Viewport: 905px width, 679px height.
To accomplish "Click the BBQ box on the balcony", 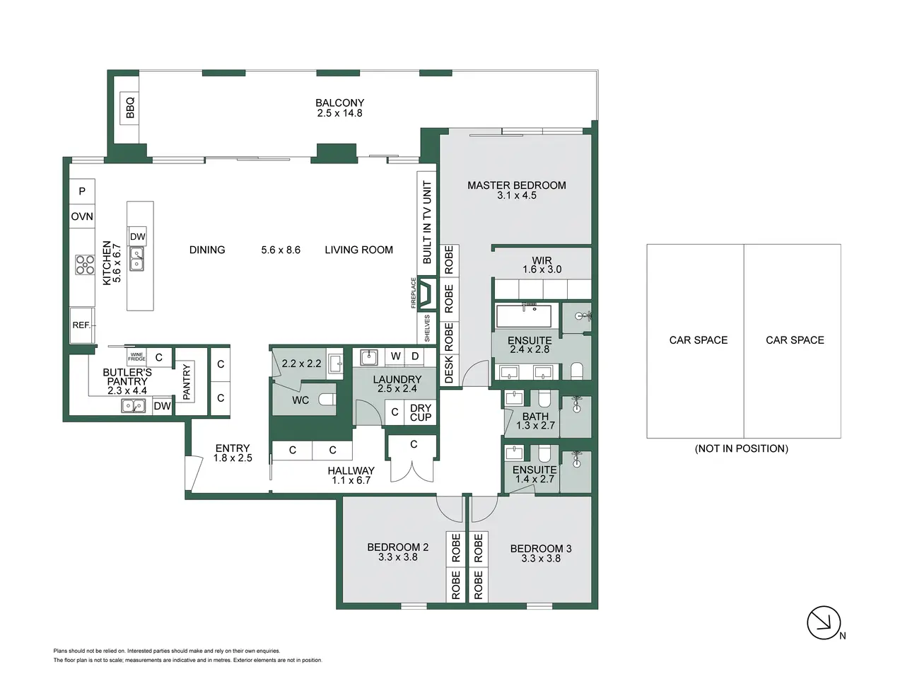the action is [x=129, y=108].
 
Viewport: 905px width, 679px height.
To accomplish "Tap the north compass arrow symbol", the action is [x=824, y=622].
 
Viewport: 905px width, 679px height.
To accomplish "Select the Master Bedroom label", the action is [x=516, y=185].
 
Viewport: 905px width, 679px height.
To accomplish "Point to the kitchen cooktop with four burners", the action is [x=85, y=265].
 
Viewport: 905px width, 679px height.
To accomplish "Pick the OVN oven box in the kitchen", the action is [x=82, y=216].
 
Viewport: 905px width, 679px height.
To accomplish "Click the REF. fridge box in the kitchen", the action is [x=82, y=325].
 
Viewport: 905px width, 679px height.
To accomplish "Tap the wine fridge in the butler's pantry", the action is [x=136, y=356].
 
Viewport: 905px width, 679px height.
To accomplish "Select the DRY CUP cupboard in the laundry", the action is [x=421, y=412].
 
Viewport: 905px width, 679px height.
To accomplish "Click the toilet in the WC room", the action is [x=328, y=399].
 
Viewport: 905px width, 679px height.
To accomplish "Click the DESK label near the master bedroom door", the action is [x=449, y=369].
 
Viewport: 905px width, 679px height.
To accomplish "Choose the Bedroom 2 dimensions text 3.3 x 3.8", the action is [x=398, y=557].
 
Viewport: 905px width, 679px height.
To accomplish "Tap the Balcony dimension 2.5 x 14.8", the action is [x=340, y=113].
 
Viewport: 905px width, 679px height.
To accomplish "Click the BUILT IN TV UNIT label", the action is [x=427, y=222].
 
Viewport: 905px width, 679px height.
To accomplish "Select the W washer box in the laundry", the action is [x=395, y=357].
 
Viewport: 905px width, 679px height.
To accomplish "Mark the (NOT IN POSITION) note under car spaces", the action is [x=741, y=448].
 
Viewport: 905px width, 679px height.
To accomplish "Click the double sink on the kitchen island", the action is [x=137, y=259].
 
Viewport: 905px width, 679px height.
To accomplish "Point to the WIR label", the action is [x=542, y=260].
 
